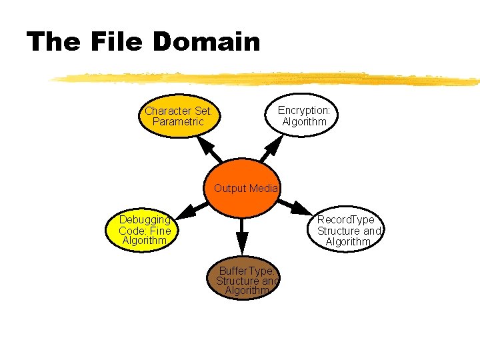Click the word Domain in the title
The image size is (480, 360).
(206, 42)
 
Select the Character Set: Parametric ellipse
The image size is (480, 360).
(179, 117)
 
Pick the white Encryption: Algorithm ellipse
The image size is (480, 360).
(303, 116)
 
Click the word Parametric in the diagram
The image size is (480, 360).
(178, 122)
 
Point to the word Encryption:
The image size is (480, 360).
(304, 110)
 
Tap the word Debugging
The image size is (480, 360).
(145, 219)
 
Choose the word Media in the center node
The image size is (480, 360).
(264, 189)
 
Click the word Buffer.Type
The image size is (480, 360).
(245, 271)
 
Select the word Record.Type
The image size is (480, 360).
(345, 220)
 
